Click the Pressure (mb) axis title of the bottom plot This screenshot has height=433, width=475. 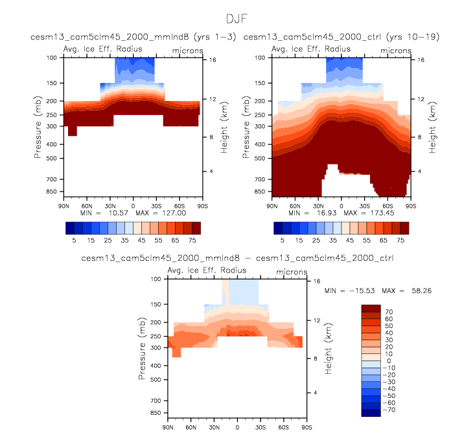143,348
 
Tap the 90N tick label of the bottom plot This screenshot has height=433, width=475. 168,427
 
